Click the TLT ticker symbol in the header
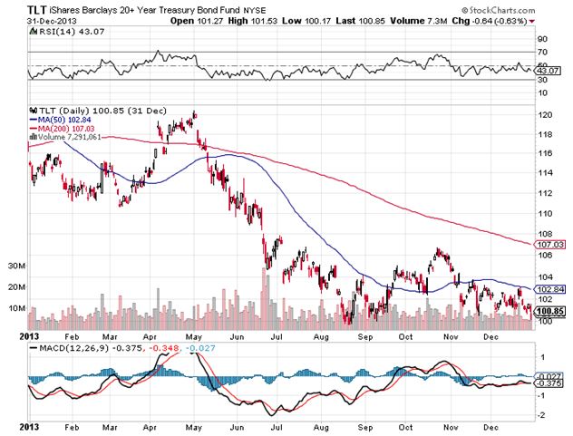click(38, 10)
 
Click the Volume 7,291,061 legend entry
click(70, 138)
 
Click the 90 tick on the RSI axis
click(542, 39)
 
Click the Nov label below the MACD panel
click(448, 425)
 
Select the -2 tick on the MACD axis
click(542, 414)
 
